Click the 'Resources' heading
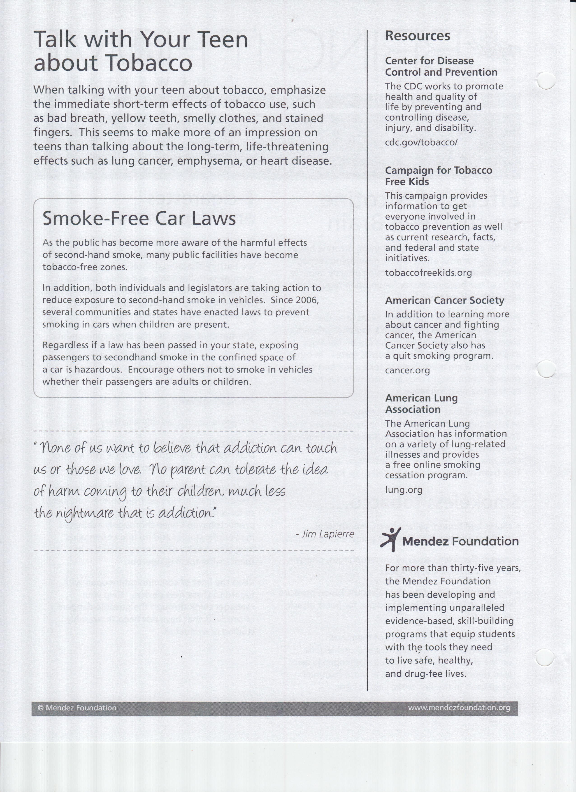tap(418, 36)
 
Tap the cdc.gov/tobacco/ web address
tap(421, 142)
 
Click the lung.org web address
tap(404, 490)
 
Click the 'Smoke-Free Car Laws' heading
tap(139, 219)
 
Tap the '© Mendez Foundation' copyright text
tap(77, 708)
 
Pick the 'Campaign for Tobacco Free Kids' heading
tap(439, 176)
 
